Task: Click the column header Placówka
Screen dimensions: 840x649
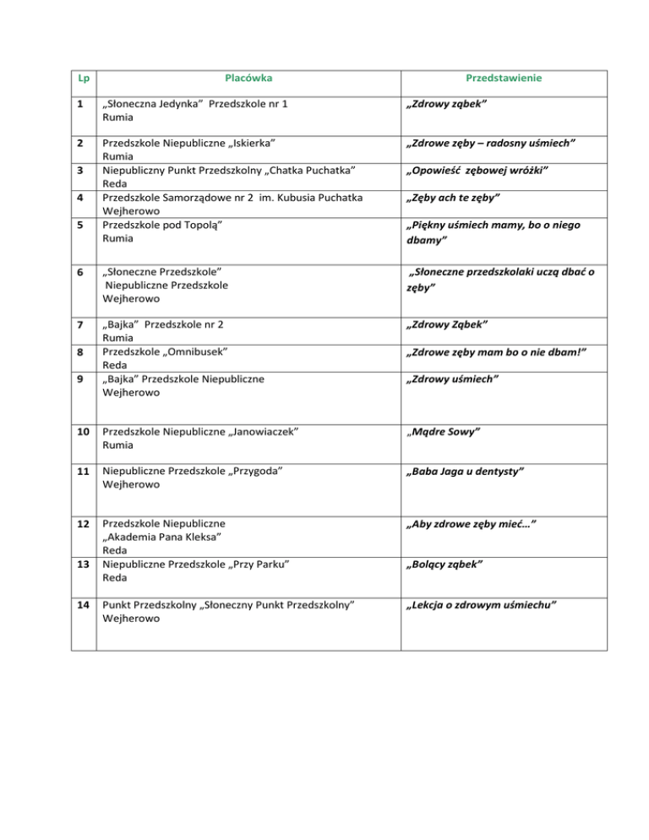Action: pyautogui.click(x=248, y=79)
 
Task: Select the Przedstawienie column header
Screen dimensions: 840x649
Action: pyautogui.click(x=504, y=79)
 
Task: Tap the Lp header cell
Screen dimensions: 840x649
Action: pyautogui.click(x=83, y=79)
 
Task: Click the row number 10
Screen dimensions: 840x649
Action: pyautogui.click(x=83, y=431)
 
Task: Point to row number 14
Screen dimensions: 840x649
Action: pyautogui.click(x=83, y=604)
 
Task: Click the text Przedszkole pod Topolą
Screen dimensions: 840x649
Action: pyautogui.click(x=162, y=226)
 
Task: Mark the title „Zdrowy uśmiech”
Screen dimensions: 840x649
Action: pyautogui.click(x=454, y=379)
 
